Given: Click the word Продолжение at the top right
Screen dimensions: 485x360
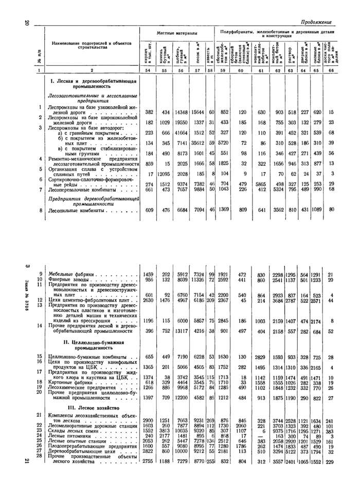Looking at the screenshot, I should coord(316,23).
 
